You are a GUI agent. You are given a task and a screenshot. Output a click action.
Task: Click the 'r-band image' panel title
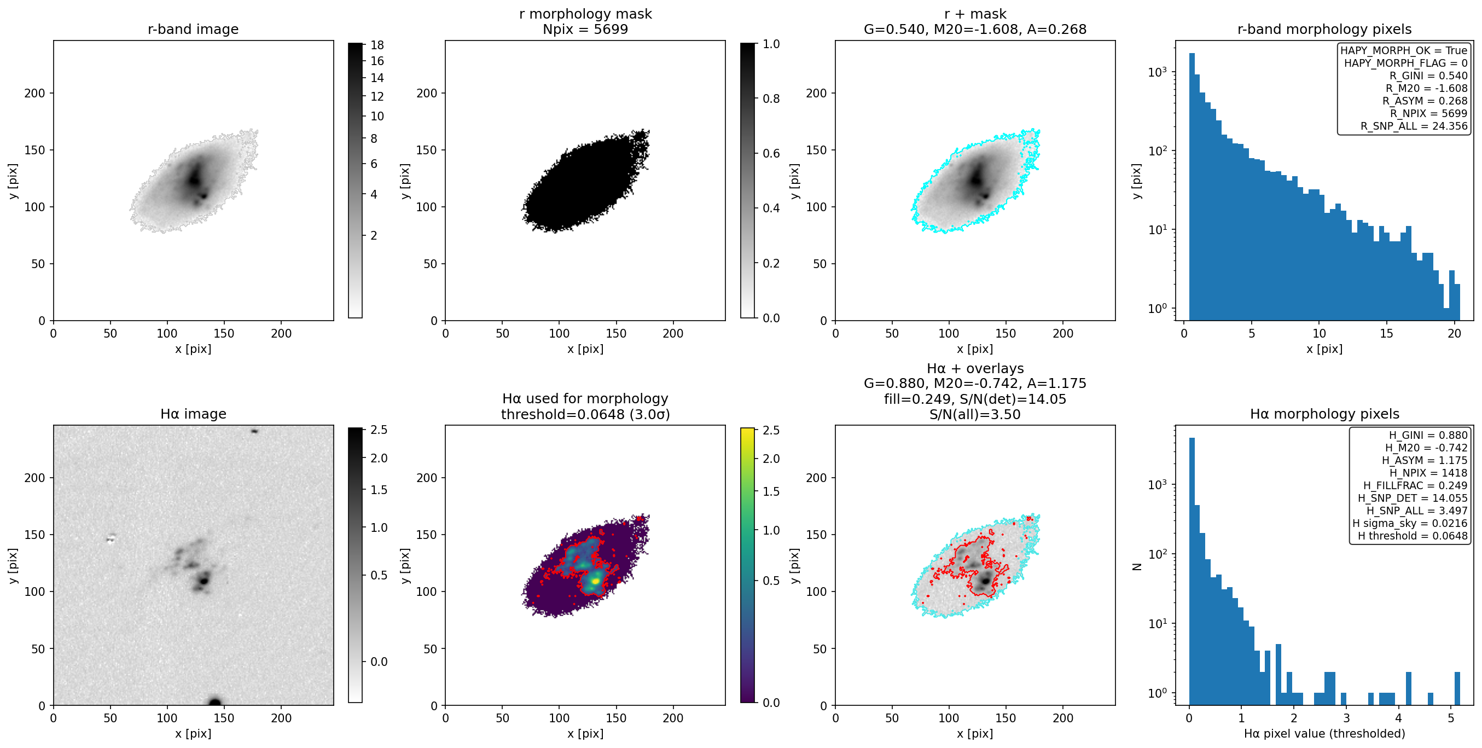[193, 30]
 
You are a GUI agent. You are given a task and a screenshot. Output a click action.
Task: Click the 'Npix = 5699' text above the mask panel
[585, 30]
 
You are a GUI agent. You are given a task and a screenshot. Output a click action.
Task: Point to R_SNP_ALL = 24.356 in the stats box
[1414, 126]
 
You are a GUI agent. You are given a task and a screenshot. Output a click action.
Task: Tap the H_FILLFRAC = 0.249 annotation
[1415, 485]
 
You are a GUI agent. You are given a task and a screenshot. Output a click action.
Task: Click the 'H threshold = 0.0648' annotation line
[1413, 536]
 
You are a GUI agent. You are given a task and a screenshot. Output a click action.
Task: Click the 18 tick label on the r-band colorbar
[377, 45]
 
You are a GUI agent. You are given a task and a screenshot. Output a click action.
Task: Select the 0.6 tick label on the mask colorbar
[771, 153]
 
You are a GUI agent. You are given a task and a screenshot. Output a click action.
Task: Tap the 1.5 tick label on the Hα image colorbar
[379, 490]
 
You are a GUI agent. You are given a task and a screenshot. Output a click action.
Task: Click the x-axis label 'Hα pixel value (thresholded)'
[1324, 734]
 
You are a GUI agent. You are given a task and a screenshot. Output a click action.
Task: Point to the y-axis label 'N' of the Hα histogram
[1137, 567]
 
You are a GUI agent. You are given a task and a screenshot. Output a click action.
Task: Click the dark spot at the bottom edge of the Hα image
[214, 702]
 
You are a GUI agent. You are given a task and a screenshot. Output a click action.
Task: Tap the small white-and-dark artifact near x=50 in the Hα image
[111, 538]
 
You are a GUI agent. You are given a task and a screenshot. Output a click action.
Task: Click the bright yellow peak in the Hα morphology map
[596, 581]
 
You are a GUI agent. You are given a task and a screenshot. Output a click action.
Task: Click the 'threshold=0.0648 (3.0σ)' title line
[585, 414]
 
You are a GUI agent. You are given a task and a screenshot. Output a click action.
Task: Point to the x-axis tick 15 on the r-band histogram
[1386, 333]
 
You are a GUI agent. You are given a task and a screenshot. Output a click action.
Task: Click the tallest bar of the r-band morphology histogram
[1192, 187]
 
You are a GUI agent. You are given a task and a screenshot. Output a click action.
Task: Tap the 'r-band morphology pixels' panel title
[1324, 30]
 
